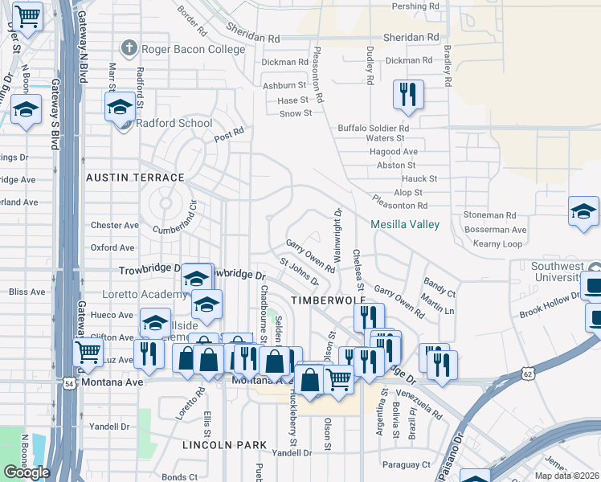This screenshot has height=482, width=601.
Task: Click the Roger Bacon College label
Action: tap(193, 49)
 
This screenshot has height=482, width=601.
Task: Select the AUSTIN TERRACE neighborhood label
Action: tap(135, 177)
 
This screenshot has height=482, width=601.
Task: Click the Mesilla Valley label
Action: tap(405, 224)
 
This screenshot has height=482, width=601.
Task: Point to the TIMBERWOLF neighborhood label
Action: tap(322, 300)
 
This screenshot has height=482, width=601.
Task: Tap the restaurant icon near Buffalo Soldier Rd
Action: tap(408, 95)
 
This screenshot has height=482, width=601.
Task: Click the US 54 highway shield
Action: tap(72, 383)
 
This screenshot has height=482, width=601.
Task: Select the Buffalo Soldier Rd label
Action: tap(374, 128)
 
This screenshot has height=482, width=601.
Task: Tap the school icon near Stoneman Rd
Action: tap(583, 212)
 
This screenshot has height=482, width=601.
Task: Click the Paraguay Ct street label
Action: tap(406, 464)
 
